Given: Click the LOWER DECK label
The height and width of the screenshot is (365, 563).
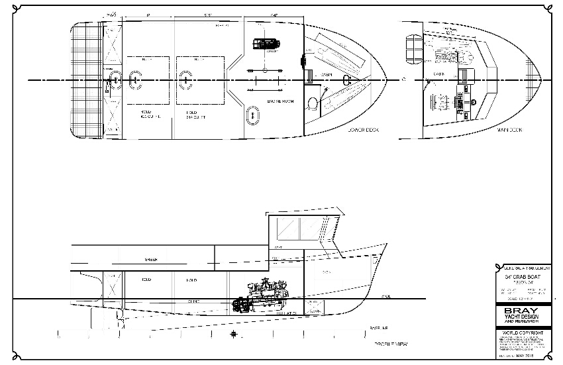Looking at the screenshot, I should (x=363, y=130).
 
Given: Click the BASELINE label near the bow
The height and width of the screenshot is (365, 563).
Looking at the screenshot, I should (x=379, y=327).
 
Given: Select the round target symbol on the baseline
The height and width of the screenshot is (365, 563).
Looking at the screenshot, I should (x=233, y=334).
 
